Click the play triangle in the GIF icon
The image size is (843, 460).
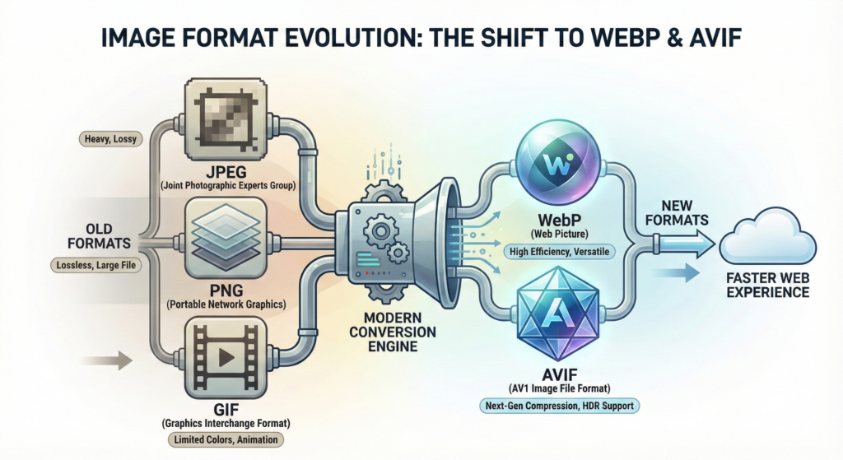226,358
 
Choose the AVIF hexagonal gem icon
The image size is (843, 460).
560,317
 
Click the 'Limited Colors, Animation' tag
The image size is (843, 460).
225,439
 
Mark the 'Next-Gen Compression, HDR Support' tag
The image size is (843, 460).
559,406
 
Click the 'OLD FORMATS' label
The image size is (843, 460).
109,235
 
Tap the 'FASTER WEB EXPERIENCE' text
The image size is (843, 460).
767,285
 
